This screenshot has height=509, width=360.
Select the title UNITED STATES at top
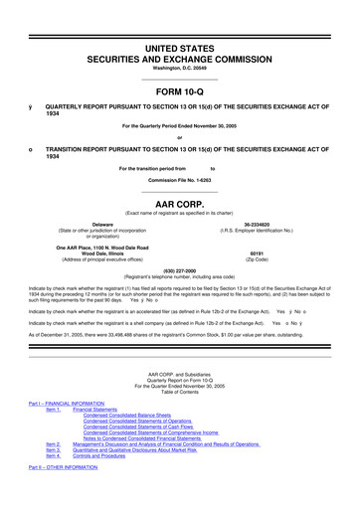(180, 48)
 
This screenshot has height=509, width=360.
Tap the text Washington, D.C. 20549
(180, 68)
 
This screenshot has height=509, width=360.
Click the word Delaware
(96, 225)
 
